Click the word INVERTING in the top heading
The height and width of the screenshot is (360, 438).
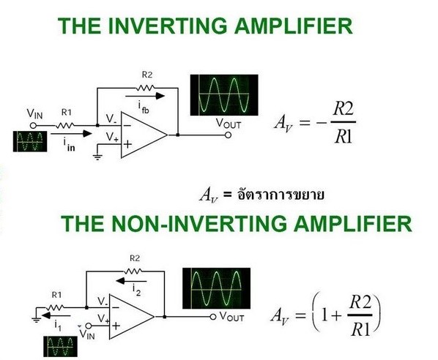pyautogui.click(x=167, y=26)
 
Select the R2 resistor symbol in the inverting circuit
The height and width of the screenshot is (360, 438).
pyautogui.click(x=145, y=89)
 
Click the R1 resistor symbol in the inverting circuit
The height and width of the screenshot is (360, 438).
pyautogui.click(x=65, y=126)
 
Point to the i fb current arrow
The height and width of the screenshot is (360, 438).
pyautogui.click(x=145, y=96)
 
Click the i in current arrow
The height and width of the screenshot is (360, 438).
pyautogui.click(x=71, y=134)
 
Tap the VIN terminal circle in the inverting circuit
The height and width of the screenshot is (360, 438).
pyautogui.click(x=33, y=126)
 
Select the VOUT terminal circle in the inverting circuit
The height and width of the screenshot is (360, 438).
pyautogui.click(x=229, y=135)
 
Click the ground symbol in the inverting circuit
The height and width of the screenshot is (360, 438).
pyautogui.click(x=97, y=157)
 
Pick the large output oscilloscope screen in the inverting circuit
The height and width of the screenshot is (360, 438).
pyautogui.click(x=224, y=95)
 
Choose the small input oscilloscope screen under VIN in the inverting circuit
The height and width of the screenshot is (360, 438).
pyautogui.click(x=30, y=141)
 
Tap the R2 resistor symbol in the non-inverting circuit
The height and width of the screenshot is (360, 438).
pyautogui.click(x=133, y=271)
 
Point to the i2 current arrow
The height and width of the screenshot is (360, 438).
pyautogui.click(x=131, y=281)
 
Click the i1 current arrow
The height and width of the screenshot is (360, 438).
pyautogui.click(x=56, y=315)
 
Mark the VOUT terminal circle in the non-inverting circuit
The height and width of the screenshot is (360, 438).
pyautogui.click(x=213, y=317)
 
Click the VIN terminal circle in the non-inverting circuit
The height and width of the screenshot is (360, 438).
pyautogui.click(x=89, y=326)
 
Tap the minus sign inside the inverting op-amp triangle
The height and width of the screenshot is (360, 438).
pyautogui.click(x=127, y=126)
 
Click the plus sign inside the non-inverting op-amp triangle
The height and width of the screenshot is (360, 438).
pyautogui.click(x=116, y=326)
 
